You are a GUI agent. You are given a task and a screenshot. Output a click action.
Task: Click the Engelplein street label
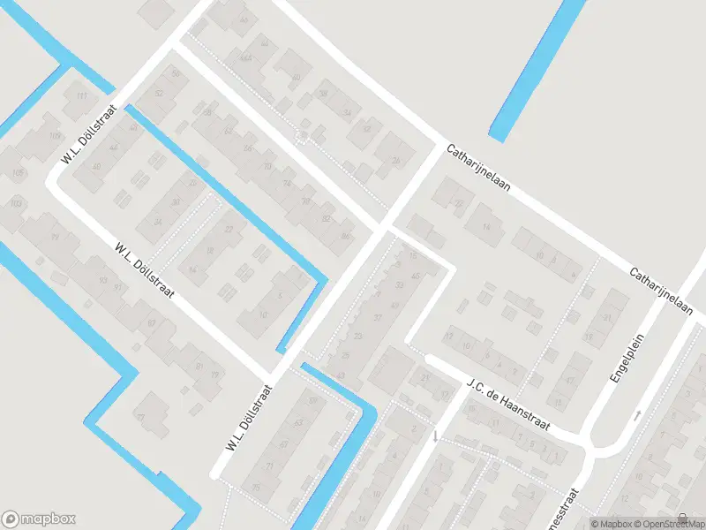(627, 357)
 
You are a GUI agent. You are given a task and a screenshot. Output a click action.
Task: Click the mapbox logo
(39, 519)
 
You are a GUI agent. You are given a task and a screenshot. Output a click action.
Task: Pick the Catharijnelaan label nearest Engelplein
(667, 291)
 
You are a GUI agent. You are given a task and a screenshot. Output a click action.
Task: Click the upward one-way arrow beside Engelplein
(635, 413)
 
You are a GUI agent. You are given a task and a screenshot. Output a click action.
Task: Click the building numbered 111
(82, 96)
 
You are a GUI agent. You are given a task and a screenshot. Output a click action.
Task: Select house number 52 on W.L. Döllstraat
(159, 94)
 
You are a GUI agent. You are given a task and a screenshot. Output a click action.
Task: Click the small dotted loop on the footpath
(302, 136)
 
